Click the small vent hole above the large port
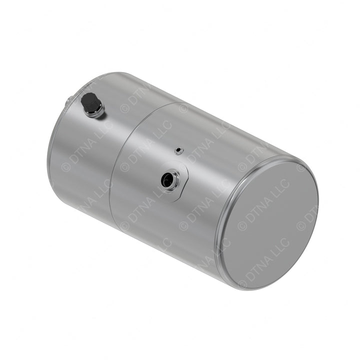coord(178,150)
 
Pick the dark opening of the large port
coord(167,179)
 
